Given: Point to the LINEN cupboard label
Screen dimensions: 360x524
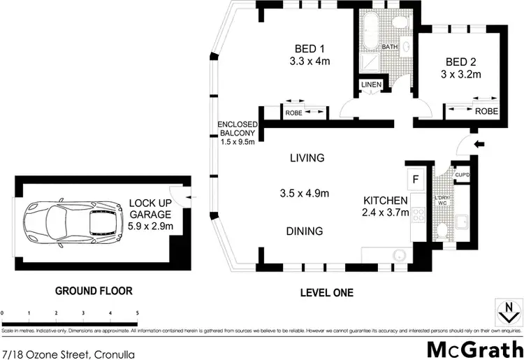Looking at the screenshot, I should tap(371, 85).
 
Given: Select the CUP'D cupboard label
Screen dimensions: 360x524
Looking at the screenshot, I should tap(462, 175).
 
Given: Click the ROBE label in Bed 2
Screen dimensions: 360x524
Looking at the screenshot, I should tap(486, 111).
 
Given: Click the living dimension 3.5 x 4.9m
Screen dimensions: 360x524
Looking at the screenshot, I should tap(307, 194).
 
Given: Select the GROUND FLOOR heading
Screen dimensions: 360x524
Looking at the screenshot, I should tap(94, 290).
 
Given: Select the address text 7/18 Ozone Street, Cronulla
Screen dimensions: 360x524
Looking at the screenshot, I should tap(68, 354).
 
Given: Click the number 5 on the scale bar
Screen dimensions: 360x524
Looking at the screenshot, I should tap(137, 312).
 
